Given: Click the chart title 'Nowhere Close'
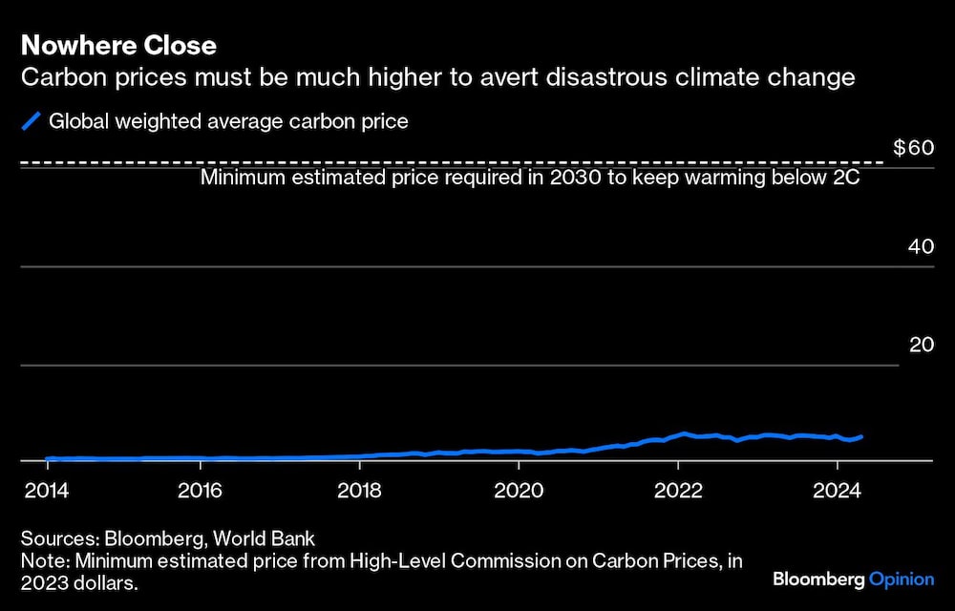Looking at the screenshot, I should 118,45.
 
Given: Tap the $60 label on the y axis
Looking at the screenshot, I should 912,148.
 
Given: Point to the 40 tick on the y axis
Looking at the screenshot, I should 921,246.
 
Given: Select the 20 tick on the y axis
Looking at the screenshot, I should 921,345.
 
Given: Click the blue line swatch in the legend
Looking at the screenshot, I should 32,121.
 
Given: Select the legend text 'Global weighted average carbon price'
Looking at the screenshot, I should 228,121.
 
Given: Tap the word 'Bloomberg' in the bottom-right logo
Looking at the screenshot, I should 817,579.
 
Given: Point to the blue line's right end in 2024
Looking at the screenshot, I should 861,436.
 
